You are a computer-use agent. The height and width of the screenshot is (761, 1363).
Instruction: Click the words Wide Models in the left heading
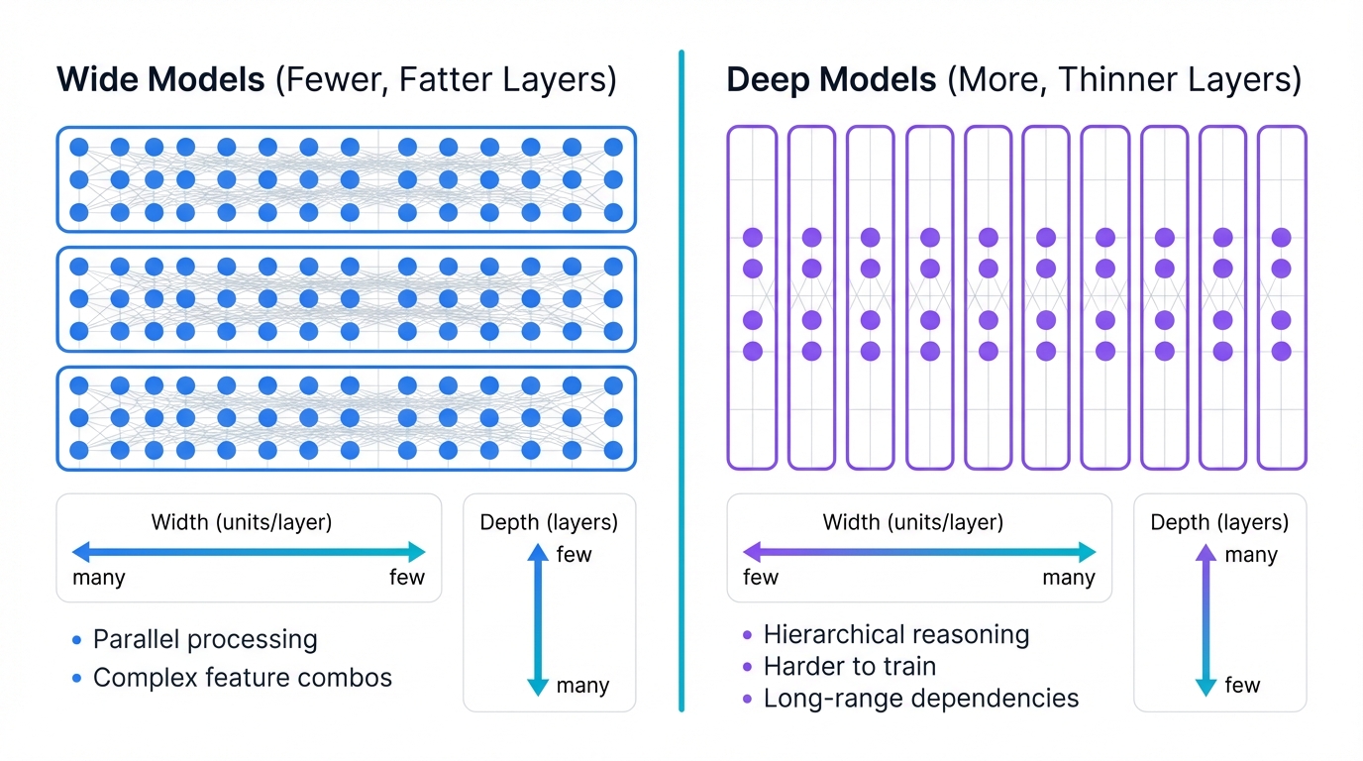tap(158, 79)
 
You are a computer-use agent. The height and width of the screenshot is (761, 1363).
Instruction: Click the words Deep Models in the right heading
tap(831, 79)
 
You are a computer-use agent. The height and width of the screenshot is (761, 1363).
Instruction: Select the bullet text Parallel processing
tap(205, 640)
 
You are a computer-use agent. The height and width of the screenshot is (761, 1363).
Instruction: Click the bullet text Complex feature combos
tap(243, 678)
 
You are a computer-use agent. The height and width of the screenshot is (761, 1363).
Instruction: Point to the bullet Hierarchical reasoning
tap(896, 634)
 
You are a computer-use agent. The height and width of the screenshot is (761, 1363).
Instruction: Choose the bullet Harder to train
tap(849, 666)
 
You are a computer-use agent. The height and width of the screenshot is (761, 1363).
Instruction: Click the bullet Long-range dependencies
tap(920, 699)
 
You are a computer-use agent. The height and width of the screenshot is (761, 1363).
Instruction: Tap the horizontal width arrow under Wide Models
tap(249, 552)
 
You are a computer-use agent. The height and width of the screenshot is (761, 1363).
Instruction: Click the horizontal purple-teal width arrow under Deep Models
tap(919, 552)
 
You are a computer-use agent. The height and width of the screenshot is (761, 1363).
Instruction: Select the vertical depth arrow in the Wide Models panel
tap(538, 619)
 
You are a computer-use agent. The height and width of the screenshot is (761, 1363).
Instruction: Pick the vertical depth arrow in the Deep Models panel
tap(1206, 619)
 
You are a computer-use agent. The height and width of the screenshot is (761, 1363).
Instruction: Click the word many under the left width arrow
tap(99, 578)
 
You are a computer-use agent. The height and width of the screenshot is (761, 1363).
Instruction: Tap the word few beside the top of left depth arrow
tap(574, 555)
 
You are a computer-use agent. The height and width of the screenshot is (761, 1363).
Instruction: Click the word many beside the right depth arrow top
tap(1251, 555)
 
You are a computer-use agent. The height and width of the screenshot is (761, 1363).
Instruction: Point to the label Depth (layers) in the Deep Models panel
tap(1219, 522)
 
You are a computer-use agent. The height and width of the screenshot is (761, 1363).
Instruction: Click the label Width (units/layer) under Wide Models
tap(241, 522)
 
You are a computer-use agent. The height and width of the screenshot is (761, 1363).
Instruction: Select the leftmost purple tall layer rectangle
tap(752, 297)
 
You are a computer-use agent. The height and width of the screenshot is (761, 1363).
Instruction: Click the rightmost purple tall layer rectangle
tap(1282, 297)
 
